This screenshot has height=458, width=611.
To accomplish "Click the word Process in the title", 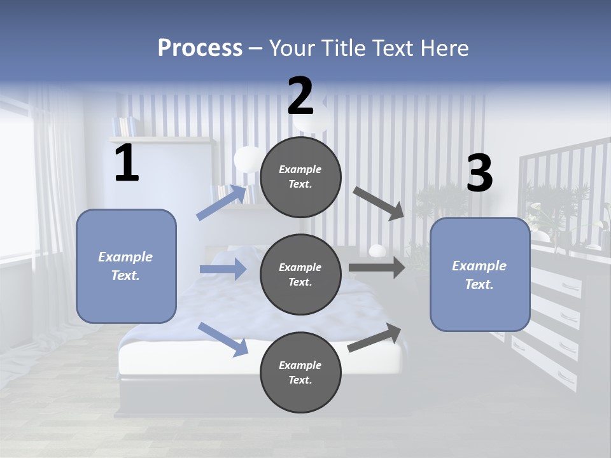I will (200, 48).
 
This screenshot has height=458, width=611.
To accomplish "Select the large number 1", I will (127, 163).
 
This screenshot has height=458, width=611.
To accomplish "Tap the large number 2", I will (300, 96).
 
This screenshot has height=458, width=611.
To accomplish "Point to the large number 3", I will (479, 174).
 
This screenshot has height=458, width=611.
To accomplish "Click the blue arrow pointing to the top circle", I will (221, 202).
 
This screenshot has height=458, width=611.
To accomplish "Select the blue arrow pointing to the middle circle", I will (223, 269).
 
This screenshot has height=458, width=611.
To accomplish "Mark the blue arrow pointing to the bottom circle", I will (223, 338).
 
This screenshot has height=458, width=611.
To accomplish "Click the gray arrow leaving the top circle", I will (378, 203).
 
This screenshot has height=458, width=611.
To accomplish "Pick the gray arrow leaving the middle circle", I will (376, 268).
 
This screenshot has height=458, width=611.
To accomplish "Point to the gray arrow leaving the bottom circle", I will (374, 337).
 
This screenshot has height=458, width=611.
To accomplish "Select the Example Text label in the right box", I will (479, 275).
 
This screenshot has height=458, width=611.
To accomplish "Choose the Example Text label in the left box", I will (125, 266).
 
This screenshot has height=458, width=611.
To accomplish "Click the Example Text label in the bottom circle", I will (300, 372).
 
